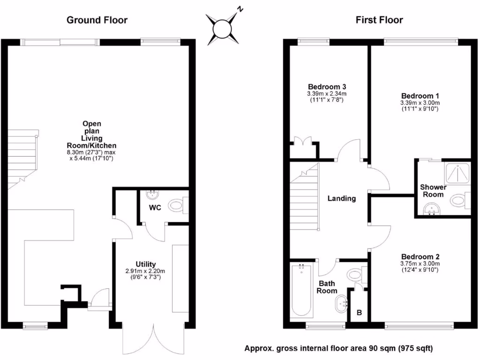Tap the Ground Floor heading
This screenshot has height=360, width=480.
tap(97, 20)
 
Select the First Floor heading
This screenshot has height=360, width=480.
tap(379, 20)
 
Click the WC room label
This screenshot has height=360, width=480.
tap(155, 208)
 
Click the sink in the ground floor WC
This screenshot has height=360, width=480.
tap(152, 194)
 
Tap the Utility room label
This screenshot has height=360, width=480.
tap(146, 264)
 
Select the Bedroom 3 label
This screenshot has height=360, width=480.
tap(327, 87)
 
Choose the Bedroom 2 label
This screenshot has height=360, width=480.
tap(420, 257)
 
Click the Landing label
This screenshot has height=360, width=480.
tap(341, 198)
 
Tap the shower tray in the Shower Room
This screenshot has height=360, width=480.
tap(456, 174)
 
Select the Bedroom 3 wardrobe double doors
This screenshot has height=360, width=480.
tap(300, 142)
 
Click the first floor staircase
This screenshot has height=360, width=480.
tap(305, 200)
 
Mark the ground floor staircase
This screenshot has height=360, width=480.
tap(22, 159)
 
